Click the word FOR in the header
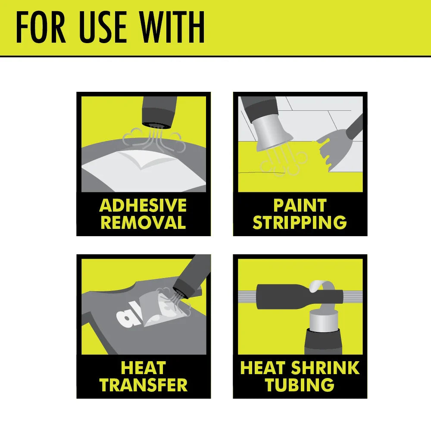click(41, 27)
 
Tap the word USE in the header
click(103, 27)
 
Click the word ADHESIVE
click(143, 205)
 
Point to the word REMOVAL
click(143, 222)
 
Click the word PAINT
click(300, 205)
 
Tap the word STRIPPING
click(300, 222)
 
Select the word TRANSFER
click(144, 385)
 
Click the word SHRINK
click(325, 368)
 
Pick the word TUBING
click(300, 385)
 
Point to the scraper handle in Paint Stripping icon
click(355, 126)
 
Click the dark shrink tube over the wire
click(300, 297)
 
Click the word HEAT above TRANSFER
click(144, 368)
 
